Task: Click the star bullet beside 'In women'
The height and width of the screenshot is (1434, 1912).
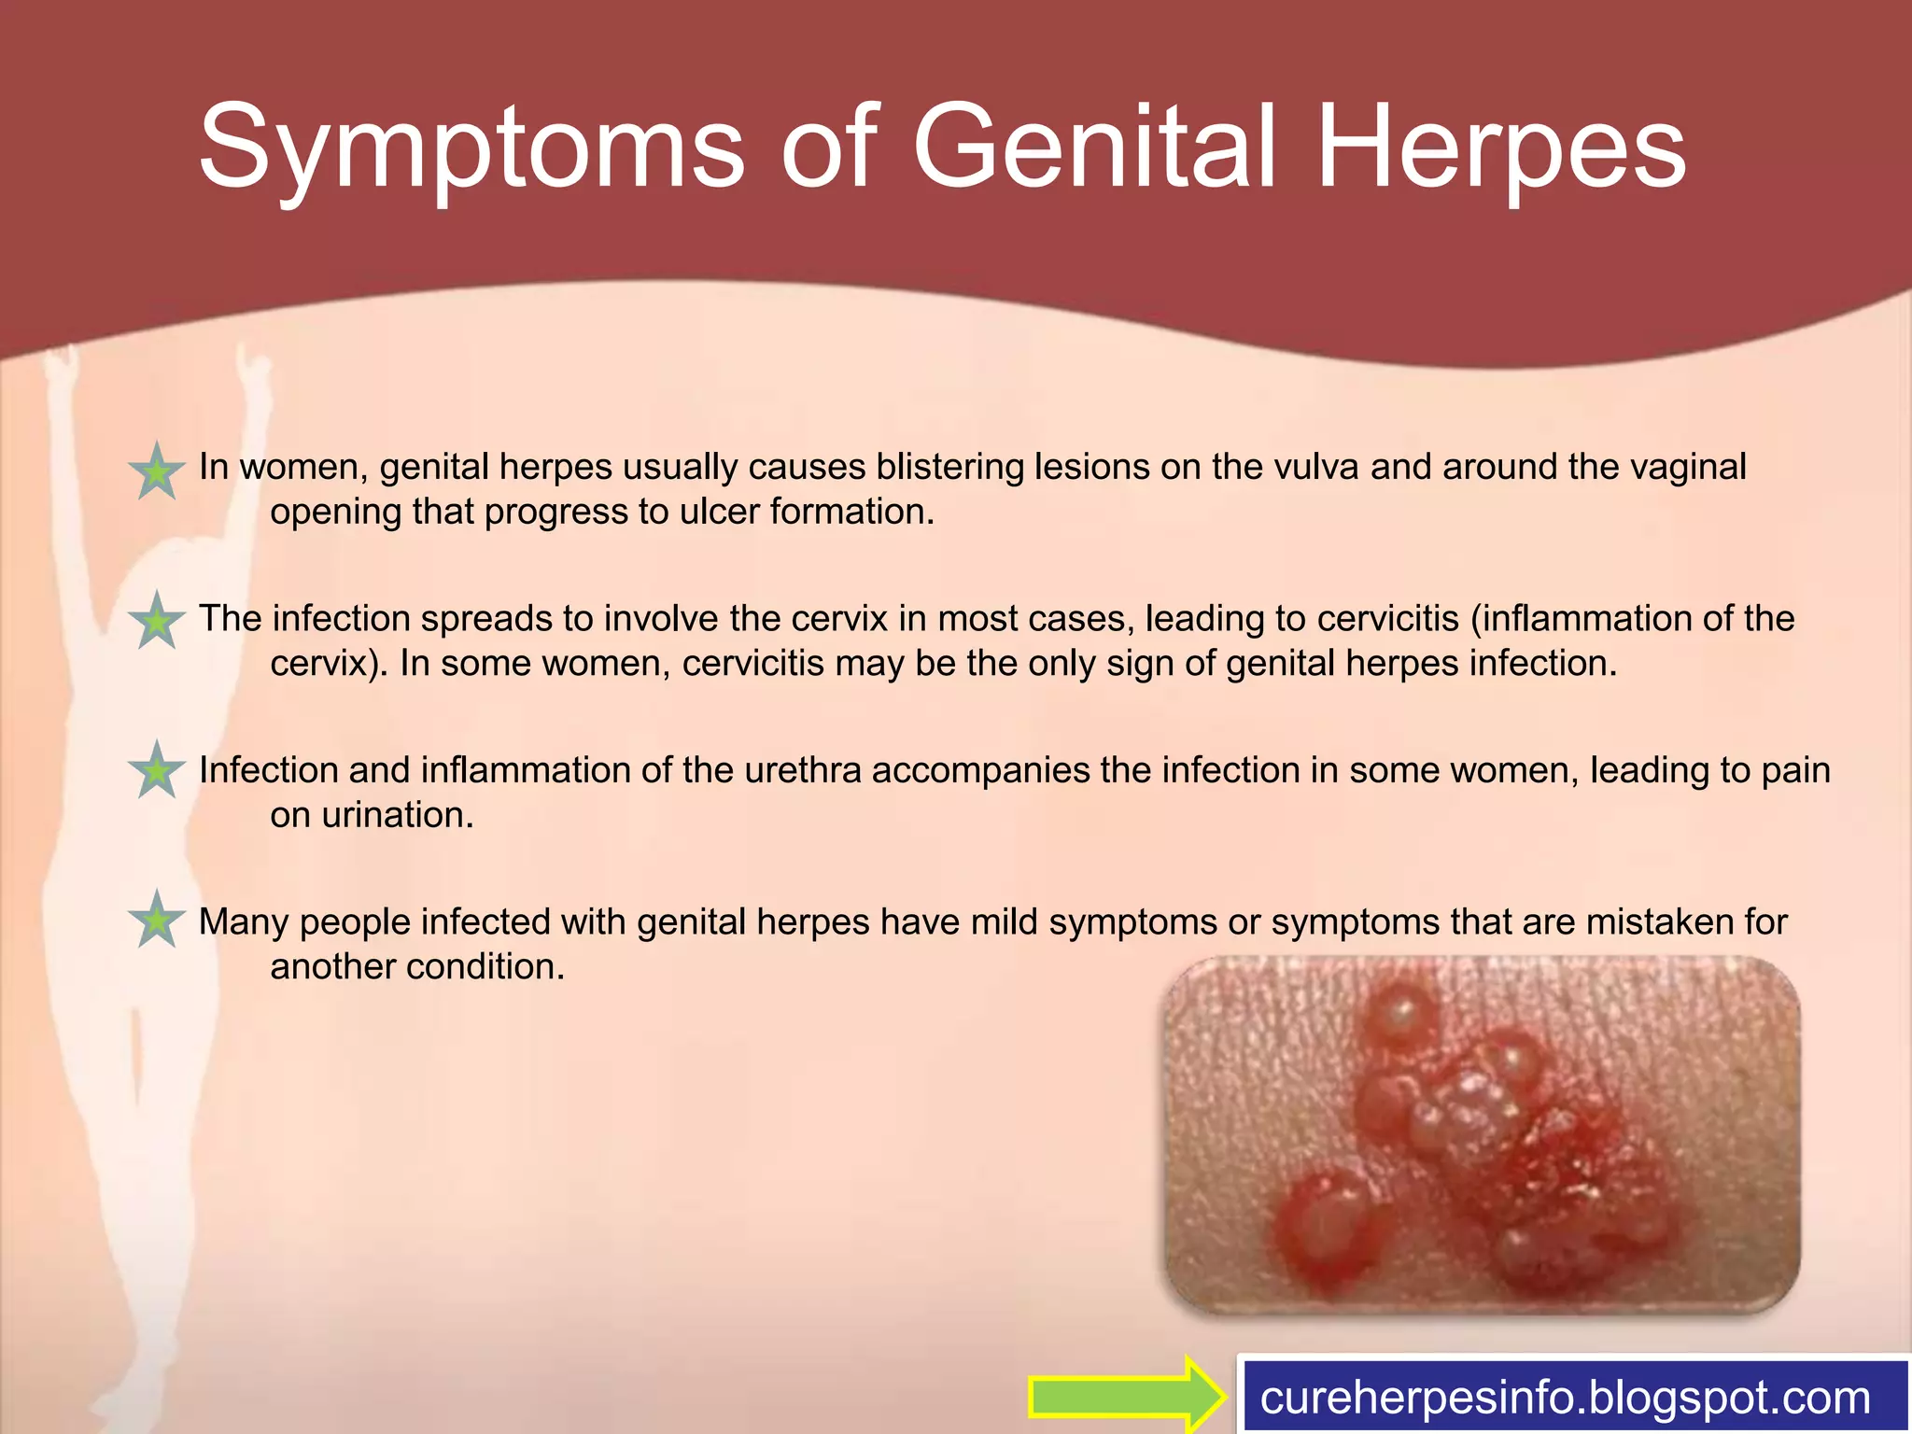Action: [x=157, y=471]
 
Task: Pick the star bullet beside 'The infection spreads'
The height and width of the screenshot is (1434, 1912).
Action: [x=157, y=622]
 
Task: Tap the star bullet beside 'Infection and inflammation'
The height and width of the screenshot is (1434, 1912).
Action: [x=157, y=771]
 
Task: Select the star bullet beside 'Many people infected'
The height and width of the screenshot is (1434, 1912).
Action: [x=157, y=921]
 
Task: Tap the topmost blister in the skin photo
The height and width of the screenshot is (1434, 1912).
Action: [x=1400, y=1013]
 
